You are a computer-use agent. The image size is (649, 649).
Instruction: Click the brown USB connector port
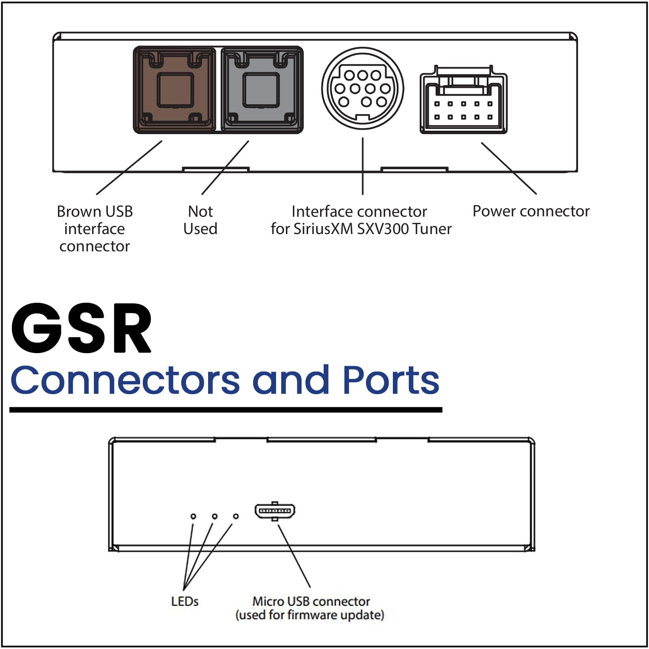[174, 90]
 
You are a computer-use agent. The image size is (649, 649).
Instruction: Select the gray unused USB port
[261, 90]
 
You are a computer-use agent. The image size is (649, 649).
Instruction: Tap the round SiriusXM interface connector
[363, 89]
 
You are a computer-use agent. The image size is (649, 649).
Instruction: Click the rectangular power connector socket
[463, 103]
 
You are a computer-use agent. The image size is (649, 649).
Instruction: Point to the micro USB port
[275, 511]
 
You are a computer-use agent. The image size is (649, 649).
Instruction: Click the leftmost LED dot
[193, 516]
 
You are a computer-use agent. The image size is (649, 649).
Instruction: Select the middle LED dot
[215, 516]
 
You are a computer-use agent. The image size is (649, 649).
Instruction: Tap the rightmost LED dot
[236, 516]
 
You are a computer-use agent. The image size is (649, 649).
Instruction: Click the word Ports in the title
[391, 380]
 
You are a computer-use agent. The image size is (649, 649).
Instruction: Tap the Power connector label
[531, 211]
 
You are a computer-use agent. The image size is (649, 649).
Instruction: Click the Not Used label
[200, 220]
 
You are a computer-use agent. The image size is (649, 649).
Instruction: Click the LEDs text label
[185, 601]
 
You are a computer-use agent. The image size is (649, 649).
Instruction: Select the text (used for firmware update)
[310, 615]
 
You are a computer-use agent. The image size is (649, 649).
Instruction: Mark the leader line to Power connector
[509, 168]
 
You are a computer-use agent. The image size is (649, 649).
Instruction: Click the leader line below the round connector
[363, 167]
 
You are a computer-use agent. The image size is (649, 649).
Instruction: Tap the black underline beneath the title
[225, 409]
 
